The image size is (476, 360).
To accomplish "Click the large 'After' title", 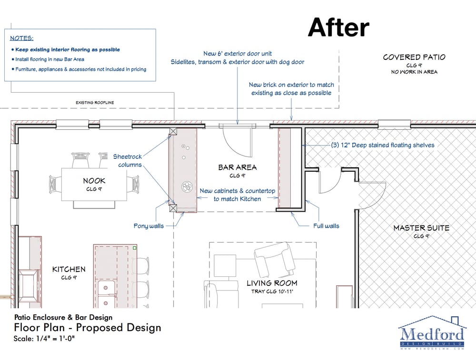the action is point(338,27).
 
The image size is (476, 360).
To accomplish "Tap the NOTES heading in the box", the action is point(21,38).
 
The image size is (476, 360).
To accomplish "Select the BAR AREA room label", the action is point(238,167).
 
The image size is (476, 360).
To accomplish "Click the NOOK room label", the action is point(94,181).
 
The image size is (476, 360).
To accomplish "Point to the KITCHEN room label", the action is point(69,269).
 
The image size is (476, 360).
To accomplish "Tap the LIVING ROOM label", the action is point(272,283).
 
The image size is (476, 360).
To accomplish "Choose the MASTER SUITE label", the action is point(421,228).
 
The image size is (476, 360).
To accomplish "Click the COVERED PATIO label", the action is point(414,58).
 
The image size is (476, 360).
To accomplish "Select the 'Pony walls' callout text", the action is point(149,226).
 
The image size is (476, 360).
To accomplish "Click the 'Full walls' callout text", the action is point(326,226).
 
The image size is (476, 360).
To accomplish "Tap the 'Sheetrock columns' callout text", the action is point(128,161).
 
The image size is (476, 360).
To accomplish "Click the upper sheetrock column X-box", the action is point(173,131).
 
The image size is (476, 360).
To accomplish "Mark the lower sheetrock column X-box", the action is point(173,208).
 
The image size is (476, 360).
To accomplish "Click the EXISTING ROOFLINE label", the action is point(95,103).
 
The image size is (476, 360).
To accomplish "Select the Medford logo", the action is point(431,333).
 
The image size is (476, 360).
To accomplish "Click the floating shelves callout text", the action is point(383,145).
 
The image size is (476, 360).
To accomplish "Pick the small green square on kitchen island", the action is point(135,248).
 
